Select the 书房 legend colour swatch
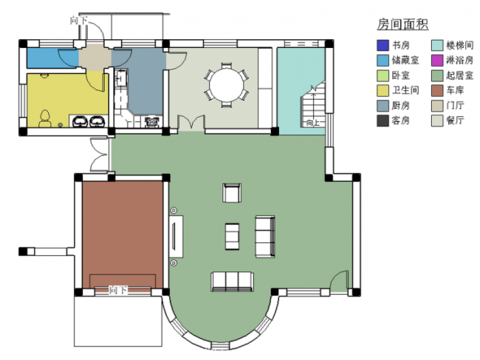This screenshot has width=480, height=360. pos(383,46)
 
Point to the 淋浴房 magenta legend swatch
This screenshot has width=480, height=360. pos(438,61)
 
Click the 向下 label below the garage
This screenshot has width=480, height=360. pos(118,290)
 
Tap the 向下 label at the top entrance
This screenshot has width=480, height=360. pos(79,20)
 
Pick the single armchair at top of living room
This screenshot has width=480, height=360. pos(232,193)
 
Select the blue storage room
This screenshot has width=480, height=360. pos(52,58)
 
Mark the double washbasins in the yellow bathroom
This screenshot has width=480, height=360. pos(89,120)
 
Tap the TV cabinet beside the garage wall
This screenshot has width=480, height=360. pos(176,237)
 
